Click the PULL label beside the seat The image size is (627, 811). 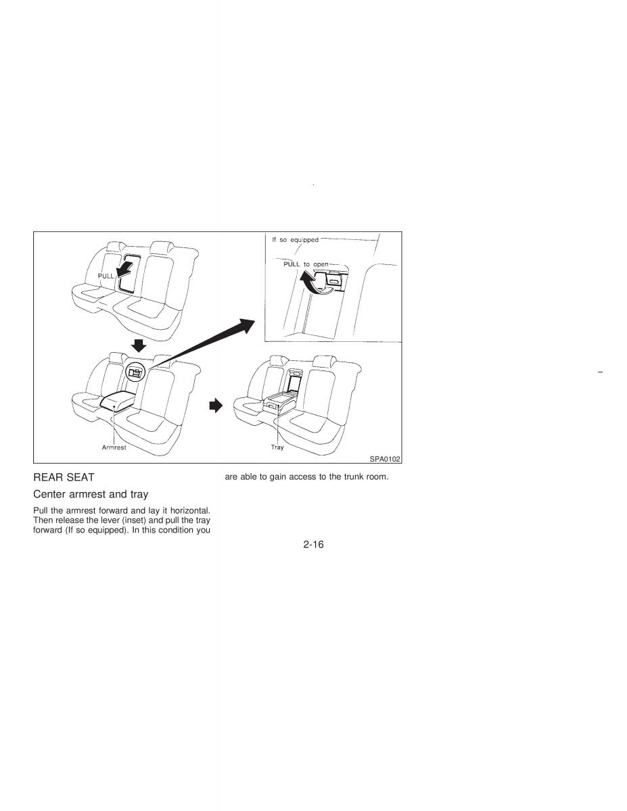tap(106, 276)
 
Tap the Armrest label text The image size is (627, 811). tap(114, 447)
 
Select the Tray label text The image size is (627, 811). tap(277, 447)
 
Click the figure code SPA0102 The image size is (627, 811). tap(385, 459)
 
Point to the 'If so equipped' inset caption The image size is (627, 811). tap(295, 240)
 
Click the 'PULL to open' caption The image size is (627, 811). tap(306, 264)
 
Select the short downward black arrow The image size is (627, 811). tap(139, 345)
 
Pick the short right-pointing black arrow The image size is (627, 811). tap(216, 405)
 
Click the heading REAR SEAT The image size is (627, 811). tap(64, 477)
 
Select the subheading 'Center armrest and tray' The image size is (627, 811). tap(91, 494)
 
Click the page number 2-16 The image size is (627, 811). tap(313, 545)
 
